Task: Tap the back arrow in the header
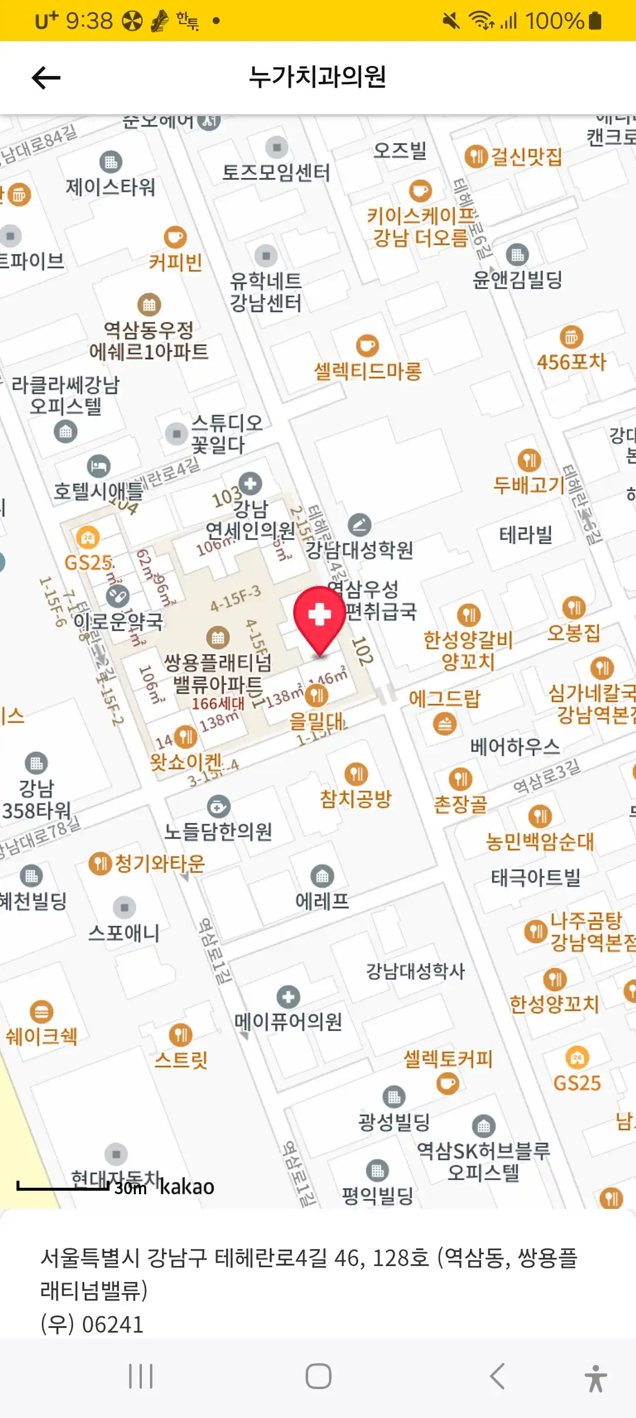tap(46, 78)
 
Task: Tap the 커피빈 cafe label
tap(175, 262)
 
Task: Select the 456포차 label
tap(571, 362)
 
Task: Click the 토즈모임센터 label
tap(276, 173)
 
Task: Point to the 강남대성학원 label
tap(359, 549)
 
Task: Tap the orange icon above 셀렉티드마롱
tap(367, 346)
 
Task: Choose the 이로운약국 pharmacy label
tap(118, 621)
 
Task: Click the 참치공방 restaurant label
tap(356, 799)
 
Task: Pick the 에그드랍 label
tap(445, 698)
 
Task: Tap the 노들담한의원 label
tap(218, 831)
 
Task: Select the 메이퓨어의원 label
tap(288, 1021)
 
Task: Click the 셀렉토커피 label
tap(448, 1059)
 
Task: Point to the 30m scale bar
tap(64, 1185)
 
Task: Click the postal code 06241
tap(112, 1324)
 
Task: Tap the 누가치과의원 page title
tap(317, 77)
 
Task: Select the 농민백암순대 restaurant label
tap(539, 841)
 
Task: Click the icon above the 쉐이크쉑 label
tap(41, 1012)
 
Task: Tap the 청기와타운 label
tap(159, 864)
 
